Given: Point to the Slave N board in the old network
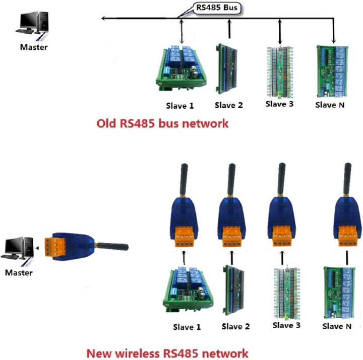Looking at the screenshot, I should pyautogui.click(x=333, y=70).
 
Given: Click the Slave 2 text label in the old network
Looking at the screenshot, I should pyautogui.click(x=228, y=105).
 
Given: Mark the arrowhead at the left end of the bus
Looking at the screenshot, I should pyautogui.click(x=103, y=19).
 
